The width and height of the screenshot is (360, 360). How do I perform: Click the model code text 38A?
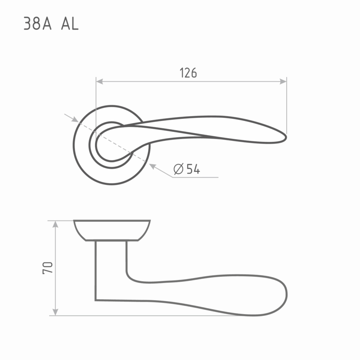coord(37,24)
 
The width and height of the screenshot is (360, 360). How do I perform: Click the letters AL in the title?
coord(70,24)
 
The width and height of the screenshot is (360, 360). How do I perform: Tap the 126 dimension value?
coord(188,73)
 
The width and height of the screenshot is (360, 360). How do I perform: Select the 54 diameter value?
coord(193,169)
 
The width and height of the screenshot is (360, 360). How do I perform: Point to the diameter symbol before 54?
coord(179,169)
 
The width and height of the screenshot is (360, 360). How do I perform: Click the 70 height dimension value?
coord(48,268)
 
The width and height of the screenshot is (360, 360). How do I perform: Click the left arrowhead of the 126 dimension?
coord(99,81)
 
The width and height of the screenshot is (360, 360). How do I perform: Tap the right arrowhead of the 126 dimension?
coord(283,81)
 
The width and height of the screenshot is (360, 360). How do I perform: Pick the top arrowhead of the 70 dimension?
coord(55,224)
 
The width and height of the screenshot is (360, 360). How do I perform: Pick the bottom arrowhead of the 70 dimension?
coord(55,312)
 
